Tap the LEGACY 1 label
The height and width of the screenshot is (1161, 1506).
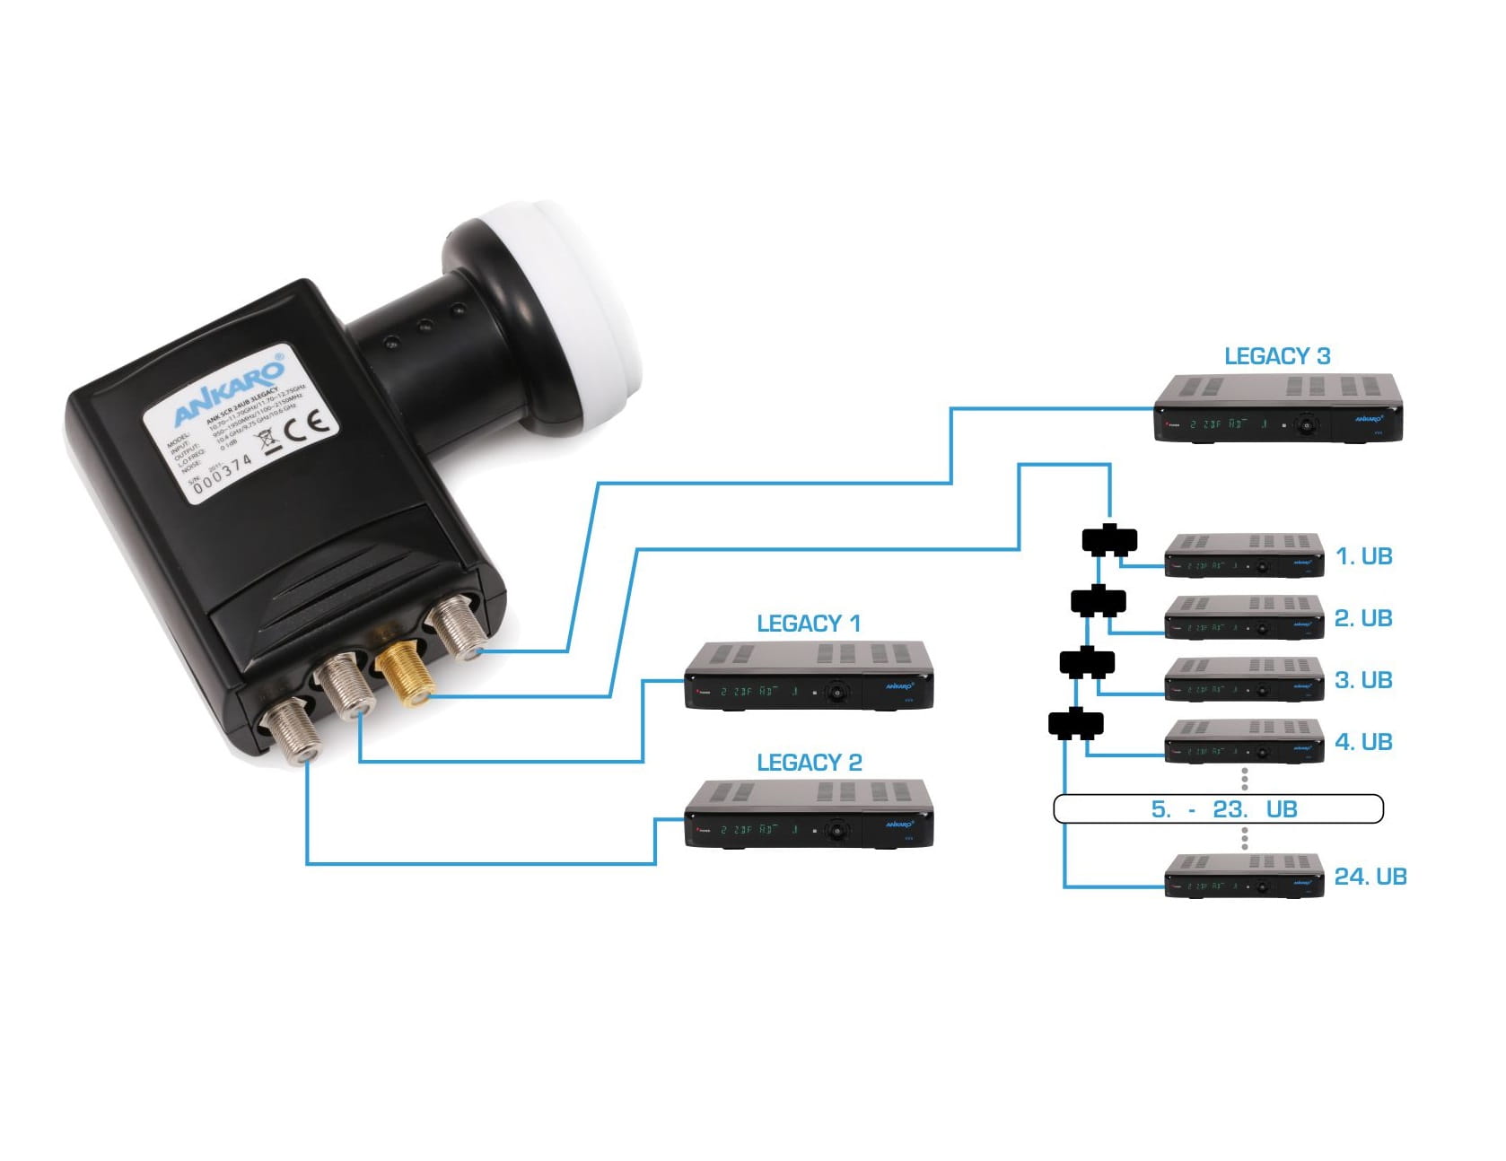pyautogui.click(x=808, y=624)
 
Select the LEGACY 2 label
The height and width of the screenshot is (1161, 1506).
pyautogui.click(x=809, y=763)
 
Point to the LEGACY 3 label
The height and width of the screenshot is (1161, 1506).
pyautogui.click(x=1276, y=356)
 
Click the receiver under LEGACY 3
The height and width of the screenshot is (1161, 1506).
pyautogui.click(x=1277, y=408)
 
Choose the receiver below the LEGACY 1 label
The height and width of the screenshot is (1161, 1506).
pyautogui.click(x=809, y=677)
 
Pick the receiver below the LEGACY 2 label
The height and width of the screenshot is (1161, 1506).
pyautogui.click(x=809, y=815)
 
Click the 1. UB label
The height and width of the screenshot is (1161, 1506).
pyautogui.click(x=1363, y=556)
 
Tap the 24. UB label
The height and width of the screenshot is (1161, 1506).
pyautogui.click(x=1370, y=877)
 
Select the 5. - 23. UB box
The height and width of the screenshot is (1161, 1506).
pyautogui.click(x=1218, y=809)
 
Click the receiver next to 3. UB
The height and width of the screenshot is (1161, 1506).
pyautogui.click(x=1244, y=679)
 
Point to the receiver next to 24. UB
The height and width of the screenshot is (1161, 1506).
pyautogui.click(x=1244, y=876)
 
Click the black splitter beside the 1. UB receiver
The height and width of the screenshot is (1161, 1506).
pyautogui.click(x=1109, y=541)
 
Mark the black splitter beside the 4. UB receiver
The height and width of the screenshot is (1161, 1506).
pyautogui.click(x=1075, y=724)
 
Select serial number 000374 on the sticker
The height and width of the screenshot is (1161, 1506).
pyautogui.click(x=223, y=470)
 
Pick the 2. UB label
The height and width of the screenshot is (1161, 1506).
pyautogui.click(x=1362, y=618)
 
